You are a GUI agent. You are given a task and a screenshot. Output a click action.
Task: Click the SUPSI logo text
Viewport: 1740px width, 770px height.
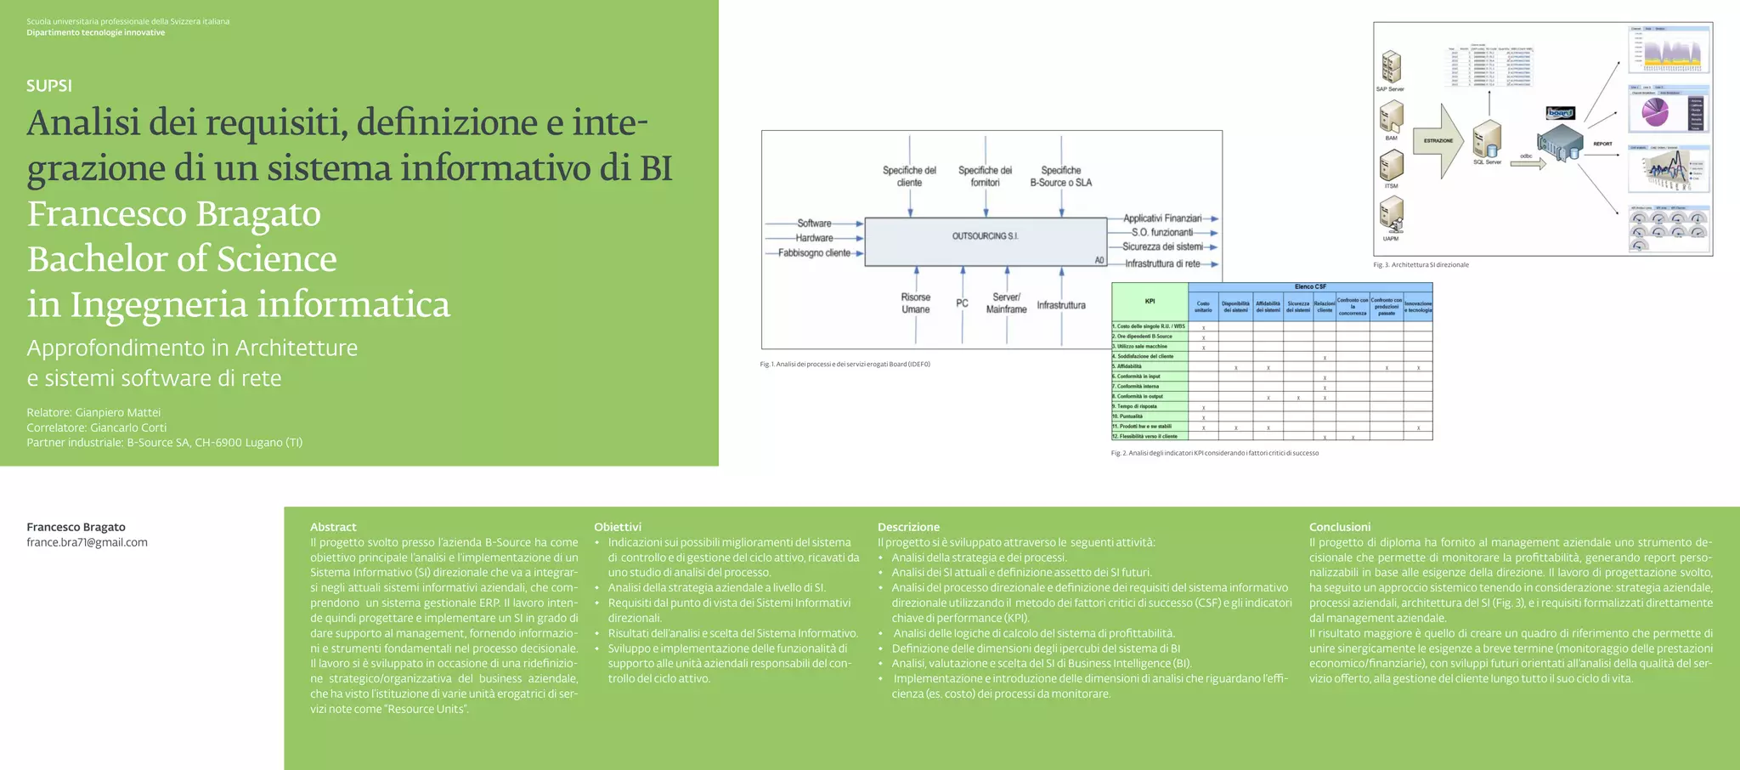[49, 86]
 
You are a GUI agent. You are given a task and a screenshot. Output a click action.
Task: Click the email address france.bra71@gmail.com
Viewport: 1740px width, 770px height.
[87, 542]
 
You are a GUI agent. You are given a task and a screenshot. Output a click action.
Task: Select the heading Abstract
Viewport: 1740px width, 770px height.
[333, 527]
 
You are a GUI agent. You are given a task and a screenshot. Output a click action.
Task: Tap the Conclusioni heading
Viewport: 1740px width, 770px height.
[1339, 527]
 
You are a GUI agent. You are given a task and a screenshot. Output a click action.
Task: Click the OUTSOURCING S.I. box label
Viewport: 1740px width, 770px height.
[985, 236]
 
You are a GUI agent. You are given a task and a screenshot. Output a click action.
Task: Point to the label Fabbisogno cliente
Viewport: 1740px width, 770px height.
[814, 253]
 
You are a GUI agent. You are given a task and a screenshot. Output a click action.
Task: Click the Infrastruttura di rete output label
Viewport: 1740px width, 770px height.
[1162, 263]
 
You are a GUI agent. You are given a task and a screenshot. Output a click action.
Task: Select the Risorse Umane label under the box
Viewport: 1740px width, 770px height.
[916, 303]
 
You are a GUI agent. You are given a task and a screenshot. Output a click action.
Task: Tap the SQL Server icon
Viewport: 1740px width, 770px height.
[1487, 138]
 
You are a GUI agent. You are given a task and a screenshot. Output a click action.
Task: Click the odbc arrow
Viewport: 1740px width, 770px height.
[1528, 164]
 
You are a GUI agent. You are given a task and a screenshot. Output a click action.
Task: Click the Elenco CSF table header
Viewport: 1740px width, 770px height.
[1310, 287]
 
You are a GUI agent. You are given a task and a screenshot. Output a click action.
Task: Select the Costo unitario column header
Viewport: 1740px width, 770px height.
[1203, 307]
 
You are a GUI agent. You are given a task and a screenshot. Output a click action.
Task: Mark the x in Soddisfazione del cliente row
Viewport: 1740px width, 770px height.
[1325, 358]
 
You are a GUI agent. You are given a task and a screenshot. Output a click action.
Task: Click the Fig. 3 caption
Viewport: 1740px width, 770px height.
[1421, 265]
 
